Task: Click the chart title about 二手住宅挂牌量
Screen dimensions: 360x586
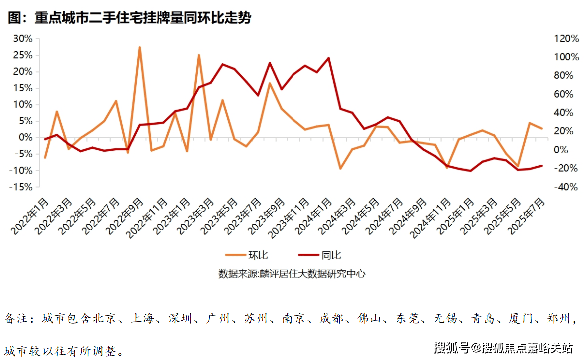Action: (x=130, y=18)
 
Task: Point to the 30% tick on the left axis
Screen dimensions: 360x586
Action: (x=23, y=39)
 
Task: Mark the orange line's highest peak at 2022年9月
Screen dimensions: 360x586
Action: (x=140, y=48)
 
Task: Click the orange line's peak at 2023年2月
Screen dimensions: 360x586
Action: (x=199, y=55)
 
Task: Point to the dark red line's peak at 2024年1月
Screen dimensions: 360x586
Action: (x=328, y=58)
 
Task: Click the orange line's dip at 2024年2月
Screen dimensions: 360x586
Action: (x=340, y=168)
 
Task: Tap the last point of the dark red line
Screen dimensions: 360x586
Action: (x=541, y=166)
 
